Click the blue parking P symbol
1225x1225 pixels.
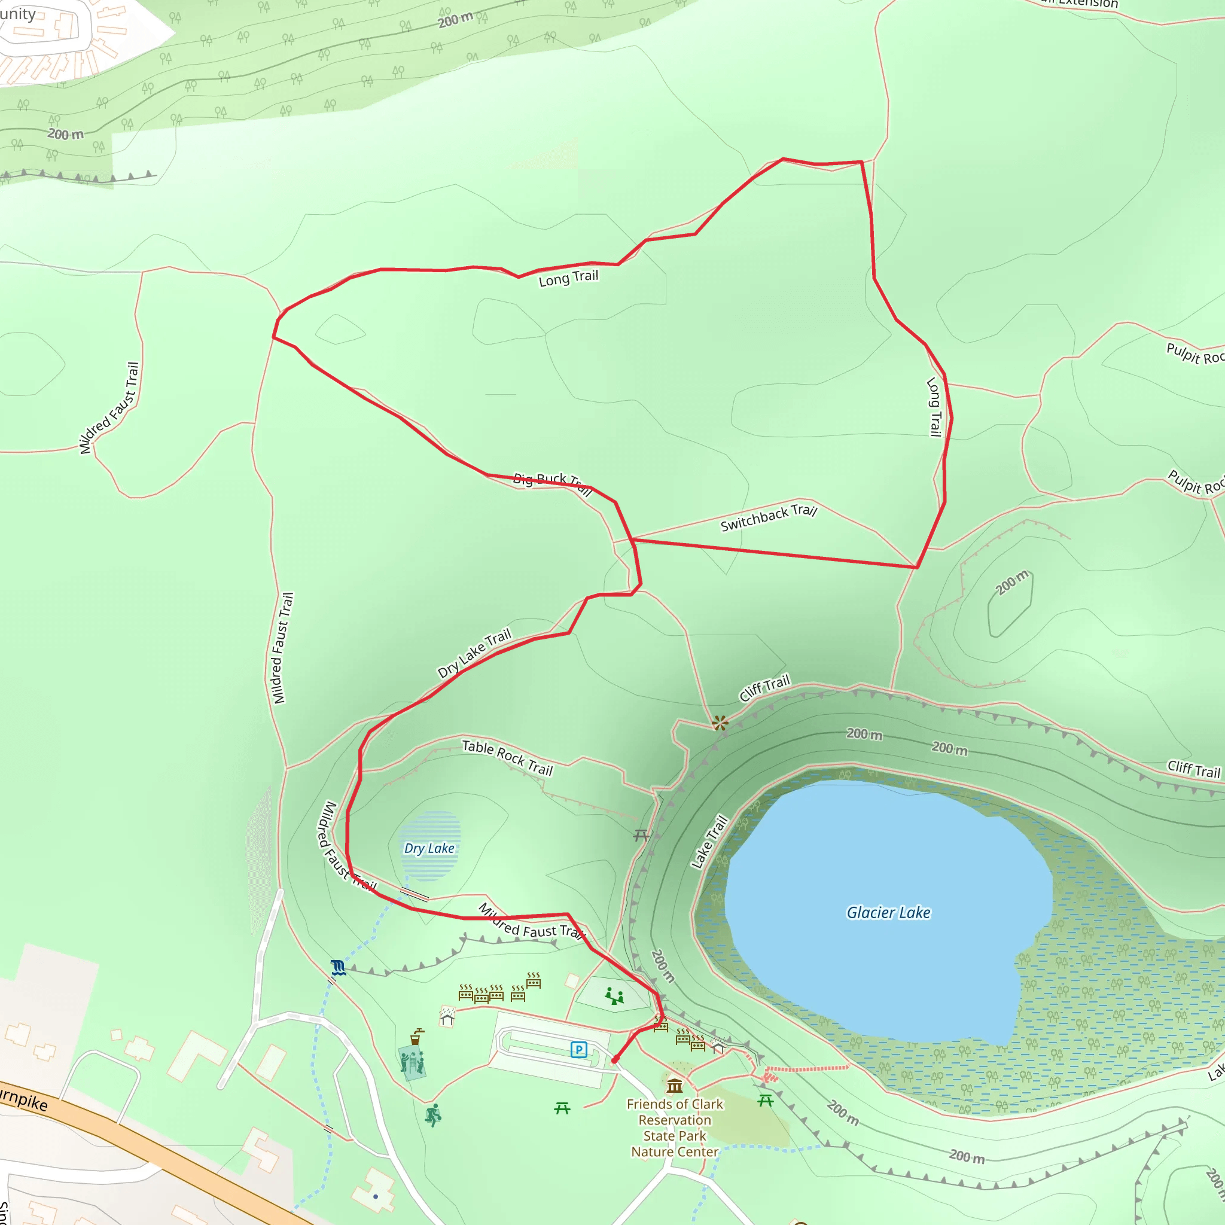point(578,1050)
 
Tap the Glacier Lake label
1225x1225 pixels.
point(888,912)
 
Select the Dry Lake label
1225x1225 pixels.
point(429,848)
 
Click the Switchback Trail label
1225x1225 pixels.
point(769,517)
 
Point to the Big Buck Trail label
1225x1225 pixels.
point(551,483)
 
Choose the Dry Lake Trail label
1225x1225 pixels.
point(474,653)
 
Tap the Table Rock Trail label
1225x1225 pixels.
point(507,758)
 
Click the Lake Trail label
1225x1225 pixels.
point(709,842)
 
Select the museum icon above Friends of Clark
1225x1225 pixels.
point(675,1086)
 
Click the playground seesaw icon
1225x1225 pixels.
point(614,996)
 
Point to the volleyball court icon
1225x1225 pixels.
point(412,1062)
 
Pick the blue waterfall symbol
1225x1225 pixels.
point(339,968)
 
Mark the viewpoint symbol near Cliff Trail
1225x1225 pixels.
point(720,723)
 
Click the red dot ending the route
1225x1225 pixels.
point(614,1060)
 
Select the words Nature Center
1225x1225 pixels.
point(675,1152)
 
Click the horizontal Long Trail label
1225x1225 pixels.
point(568,278)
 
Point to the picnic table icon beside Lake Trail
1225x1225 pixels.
point(641,835)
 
